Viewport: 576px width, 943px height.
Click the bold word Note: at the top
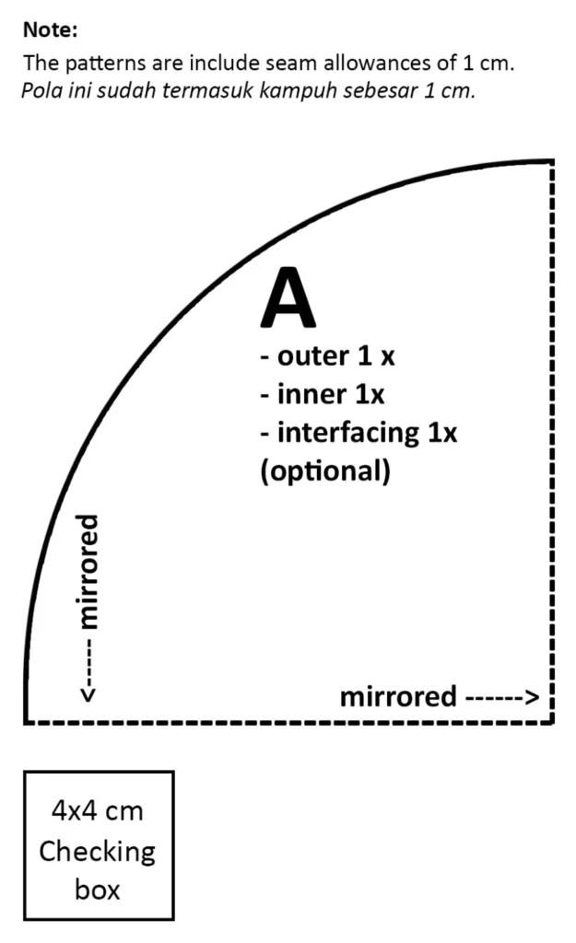pos(51,29)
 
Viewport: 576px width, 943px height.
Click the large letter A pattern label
pos(288,297)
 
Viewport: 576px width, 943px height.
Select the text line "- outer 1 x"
pos(327,356)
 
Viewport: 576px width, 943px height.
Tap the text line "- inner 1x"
pos(322,394)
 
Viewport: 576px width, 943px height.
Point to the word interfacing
pos(348,433)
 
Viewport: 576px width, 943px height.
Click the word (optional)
pos(325,471)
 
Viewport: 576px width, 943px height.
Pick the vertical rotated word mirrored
pos(88,571)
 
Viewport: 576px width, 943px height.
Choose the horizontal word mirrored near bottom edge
pos(398,696)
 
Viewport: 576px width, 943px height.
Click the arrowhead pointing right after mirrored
pos(532,698)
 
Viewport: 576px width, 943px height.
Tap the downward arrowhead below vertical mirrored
pos(88,694)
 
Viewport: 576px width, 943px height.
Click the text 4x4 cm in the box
pos(98,810)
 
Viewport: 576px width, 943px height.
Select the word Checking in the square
pos(98,852)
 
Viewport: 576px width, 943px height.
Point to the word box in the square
pos(98,890)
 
